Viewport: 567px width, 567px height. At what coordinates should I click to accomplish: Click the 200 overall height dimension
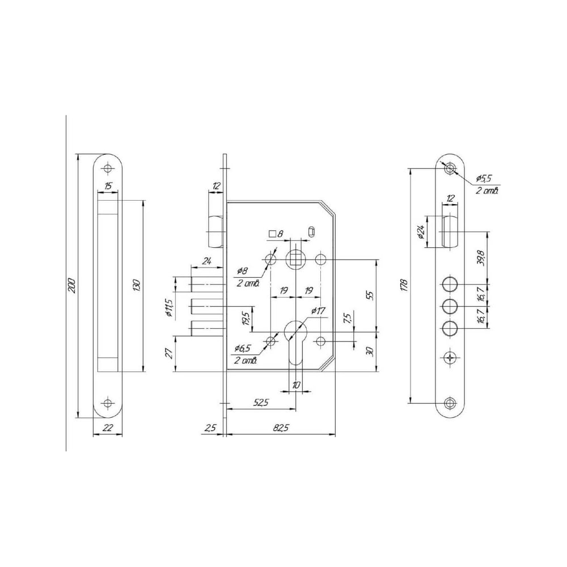coord(71,286)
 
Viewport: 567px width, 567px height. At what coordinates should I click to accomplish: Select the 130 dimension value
coord(137,286)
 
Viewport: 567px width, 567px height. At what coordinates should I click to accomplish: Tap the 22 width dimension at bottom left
coord(107,428)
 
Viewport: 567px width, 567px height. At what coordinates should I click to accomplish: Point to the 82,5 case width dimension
coord(281,428)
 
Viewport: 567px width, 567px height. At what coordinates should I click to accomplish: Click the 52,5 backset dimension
coord(260,403)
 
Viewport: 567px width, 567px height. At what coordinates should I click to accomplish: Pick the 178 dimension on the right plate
coord(404,286)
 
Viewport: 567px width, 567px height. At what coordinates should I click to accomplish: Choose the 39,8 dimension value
coord(481,257)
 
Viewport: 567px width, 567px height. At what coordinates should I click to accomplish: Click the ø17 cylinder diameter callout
coord(318,311)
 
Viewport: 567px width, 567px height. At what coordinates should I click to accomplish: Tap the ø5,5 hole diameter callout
coord(485,178)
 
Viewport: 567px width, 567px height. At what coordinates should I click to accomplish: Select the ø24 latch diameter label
coord(421,231)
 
